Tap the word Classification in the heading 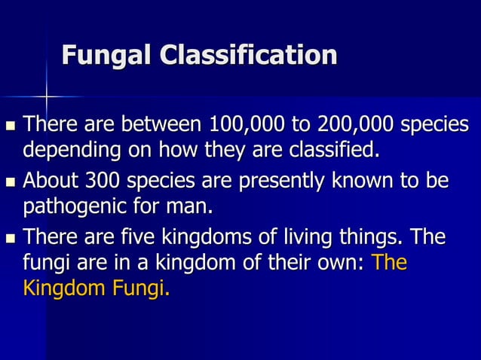[x=244, y=55]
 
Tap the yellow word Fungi [x=140, y=288]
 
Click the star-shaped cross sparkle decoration [x=46, y=97]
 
